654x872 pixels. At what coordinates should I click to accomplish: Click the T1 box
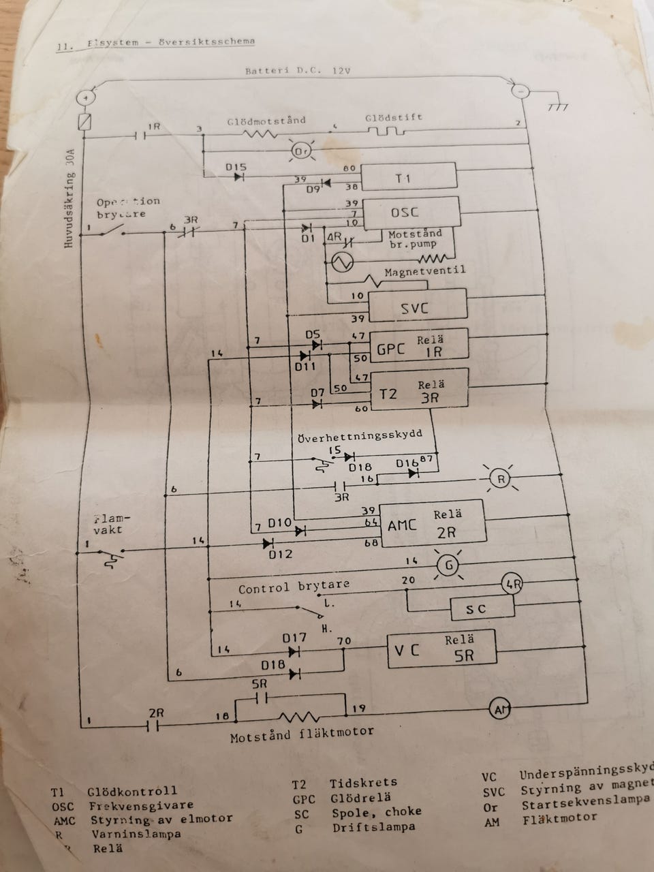point(408,178)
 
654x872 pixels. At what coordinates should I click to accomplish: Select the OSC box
point(411,212)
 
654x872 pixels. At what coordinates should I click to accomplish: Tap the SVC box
point(418,307)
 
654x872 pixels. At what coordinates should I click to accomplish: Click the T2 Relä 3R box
point(418,389)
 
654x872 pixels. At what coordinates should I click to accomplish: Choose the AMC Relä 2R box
point(433,524)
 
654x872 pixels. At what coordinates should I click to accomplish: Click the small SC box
point(481,608)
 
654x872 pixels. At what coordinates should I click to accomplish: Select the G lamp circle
point(447,565)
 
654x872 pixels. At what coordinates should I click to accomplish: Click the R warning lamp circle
point(501,480)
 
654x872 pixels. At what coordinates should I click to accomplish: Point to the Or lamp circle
point(302,151)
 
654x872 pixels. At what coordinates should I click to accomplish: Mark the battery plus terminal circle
point(87,98)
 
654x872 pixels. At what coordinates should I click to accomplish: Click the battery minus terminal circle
point(520,90)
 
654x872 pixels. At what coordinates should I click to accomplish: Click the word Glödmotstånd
point(266,121)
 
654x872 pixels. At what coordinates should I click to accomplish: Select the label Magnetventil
point(424,270)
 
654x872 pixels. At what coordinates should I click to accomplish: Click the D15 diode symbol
point(238,177)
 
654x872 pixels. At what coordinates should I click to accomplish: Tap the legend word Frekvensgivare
point(132,805)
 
